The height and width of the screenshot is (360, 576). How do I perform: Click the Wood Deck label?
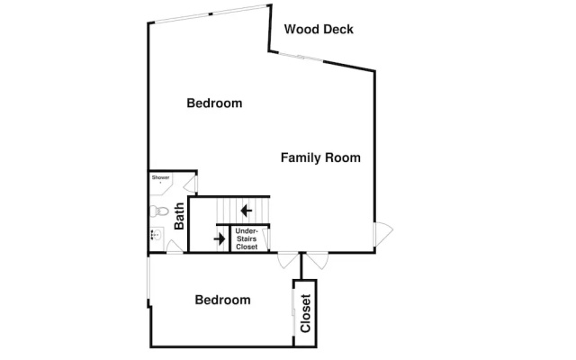tap(319, 30)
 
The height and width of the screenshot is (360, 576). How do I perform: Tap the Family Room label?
tap(320, 157)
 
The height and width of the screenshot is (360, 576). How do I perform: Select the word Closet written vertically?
tap(306, 313)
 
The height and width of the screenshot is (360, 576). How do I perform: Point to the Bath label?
tap(179, 216)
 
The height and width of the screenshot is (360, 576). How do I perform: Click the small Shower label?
tap(160, 177)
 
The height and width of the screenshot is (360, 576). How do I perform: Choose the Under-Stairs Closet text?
tap(247, 238)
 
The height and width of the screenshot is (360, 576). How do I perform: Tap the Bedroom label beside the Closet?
tap(222, 300)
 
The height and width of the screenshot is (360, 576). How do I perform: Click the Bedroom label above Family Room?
tap(214, 103)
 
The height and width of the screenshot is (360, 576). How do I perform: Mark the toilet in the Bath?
tap(158, 211)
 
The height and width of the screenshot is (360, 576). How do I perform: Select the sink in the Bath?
tap(157, 234)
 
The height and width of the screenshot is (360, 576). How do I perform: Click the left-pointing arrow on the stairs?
tap(246, 211)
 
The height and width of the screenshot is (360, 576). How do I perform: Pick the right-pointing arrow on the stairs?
tap(220, 239)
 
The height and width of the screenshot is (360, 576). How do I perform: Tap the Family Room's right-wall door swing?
tap(383, 234)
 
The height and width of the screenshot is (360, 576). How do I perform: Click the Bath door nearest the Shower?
tap(191, 184)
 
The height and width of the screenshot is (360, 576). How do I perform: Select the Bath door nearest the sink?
tap(175, 246)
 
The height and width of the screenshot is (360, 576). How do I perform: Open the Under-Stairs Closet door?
tap(266, 239)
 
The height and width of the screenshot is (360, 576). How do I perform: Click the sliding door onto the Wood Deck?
tap(301, 57)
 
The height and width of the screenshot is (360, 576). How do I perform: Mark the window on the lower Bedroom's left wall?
tap(148, 278)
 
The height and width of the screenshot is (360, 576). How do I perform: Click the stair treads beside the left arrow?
tap(243, 211)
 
